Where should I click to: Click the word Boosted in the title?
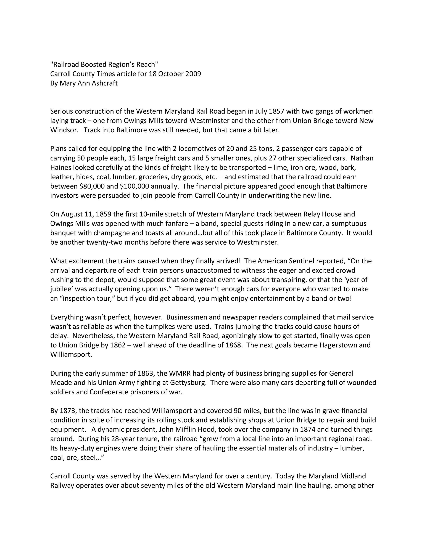click(x=93, y=65)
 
